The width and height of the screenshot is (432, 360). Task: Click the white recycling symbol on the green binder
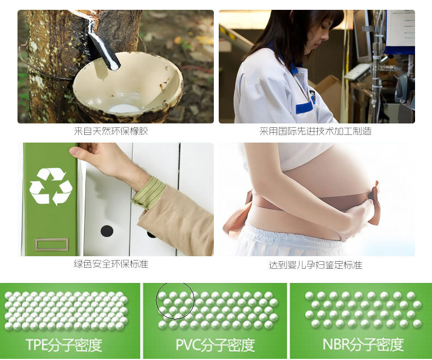pos(51,186)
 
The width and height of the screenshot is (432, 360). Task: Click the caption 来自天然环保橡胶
pos(111,131)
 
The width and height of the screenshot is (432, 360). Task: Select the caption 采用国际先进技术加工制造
pos(316,131)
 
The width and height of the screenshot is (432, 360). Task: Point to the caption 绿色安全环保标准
pos(111,264)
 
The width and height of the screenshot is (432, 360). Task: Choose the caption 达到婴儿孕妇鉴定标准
pos(316,265)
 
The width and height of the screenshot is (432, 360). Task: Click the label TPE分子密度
pos(64,345)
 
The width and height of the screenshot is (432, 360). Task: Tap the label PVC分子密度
pos(215,345)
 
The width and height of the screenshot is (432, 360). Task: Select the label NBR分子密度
pos(363,344)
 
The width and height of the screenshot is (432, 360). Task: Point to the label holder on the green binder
pos(52,245)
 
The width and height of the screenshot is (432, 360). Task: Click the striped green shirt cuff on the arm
pos(149,193)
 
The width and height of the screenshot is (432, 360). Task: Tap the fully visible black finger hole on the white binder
pos(107,231)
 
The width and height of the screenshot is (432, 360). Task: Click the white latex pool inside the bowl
pos(124,109)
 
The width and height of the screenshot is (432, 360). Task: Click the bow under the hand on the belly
pos(375,202)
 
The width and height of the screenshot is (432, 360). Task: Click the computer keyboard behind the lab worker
pos(358,71)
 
